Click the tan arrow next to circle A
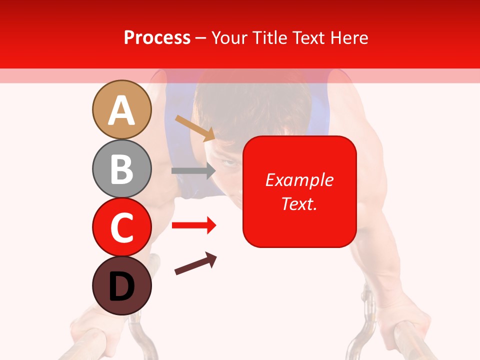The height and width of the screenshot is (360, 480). [x=194, y=127]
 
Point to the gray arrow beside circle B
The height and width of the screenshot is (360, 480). [x=193, y=170]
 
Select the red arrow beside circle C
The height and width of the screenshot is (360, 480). [x=193, y=225]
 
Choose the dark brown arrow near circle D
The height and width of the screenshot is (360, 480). [x=195, y=263]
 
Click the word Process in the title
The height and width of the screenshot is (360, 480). [x=157, y=38]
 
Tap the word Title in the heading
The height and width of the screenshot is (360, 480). [x=268, y=38]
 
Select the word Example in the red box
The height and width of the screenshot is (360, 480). [x=299, y=180]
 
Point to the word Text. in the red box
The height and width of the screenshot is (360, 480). [x=299, y=203]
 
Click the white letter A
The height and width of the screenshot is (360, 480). [x=121, y=111]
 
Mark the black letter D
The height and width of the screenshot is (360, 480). [x=121, y=287]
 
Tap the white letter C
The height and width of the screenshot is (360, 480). [x=121, y=228]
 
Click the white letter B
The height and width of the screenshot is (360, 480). [x=121, y=169]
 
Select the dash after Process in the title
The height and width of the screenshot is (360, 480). [x=201, y=38]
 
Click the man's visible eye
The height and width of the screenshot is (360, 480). [x=229, y=162]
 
